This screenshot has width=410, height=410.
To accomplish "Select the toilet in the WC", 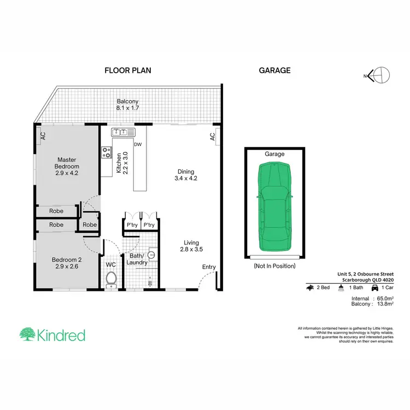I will tap(111, 279).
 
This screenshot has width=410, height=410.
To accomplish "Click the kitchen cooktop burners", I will tap(106, 153).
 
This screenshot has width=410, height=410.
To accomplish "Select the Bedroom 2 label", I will tap(67, 263).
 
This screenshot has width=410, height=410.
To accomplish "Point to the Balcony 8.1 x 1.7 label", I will tap(128, 105).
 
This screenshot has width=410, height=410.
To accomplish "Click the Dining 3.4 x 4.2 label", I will tap(185, 174).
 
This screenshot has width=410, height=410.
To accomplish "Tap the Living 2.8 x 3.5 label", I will tap(191, 246).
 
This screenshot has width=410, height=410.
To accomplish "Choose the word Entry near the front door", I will tap(209, 267).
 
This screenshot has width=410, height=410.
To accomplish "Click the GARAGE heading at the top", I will tap(274, 71).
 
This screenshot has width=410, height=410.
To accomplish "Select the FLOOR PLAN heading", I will tap(128, 71).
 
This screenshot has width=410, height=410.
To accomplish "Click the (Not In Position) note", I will tap(274, 266).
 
